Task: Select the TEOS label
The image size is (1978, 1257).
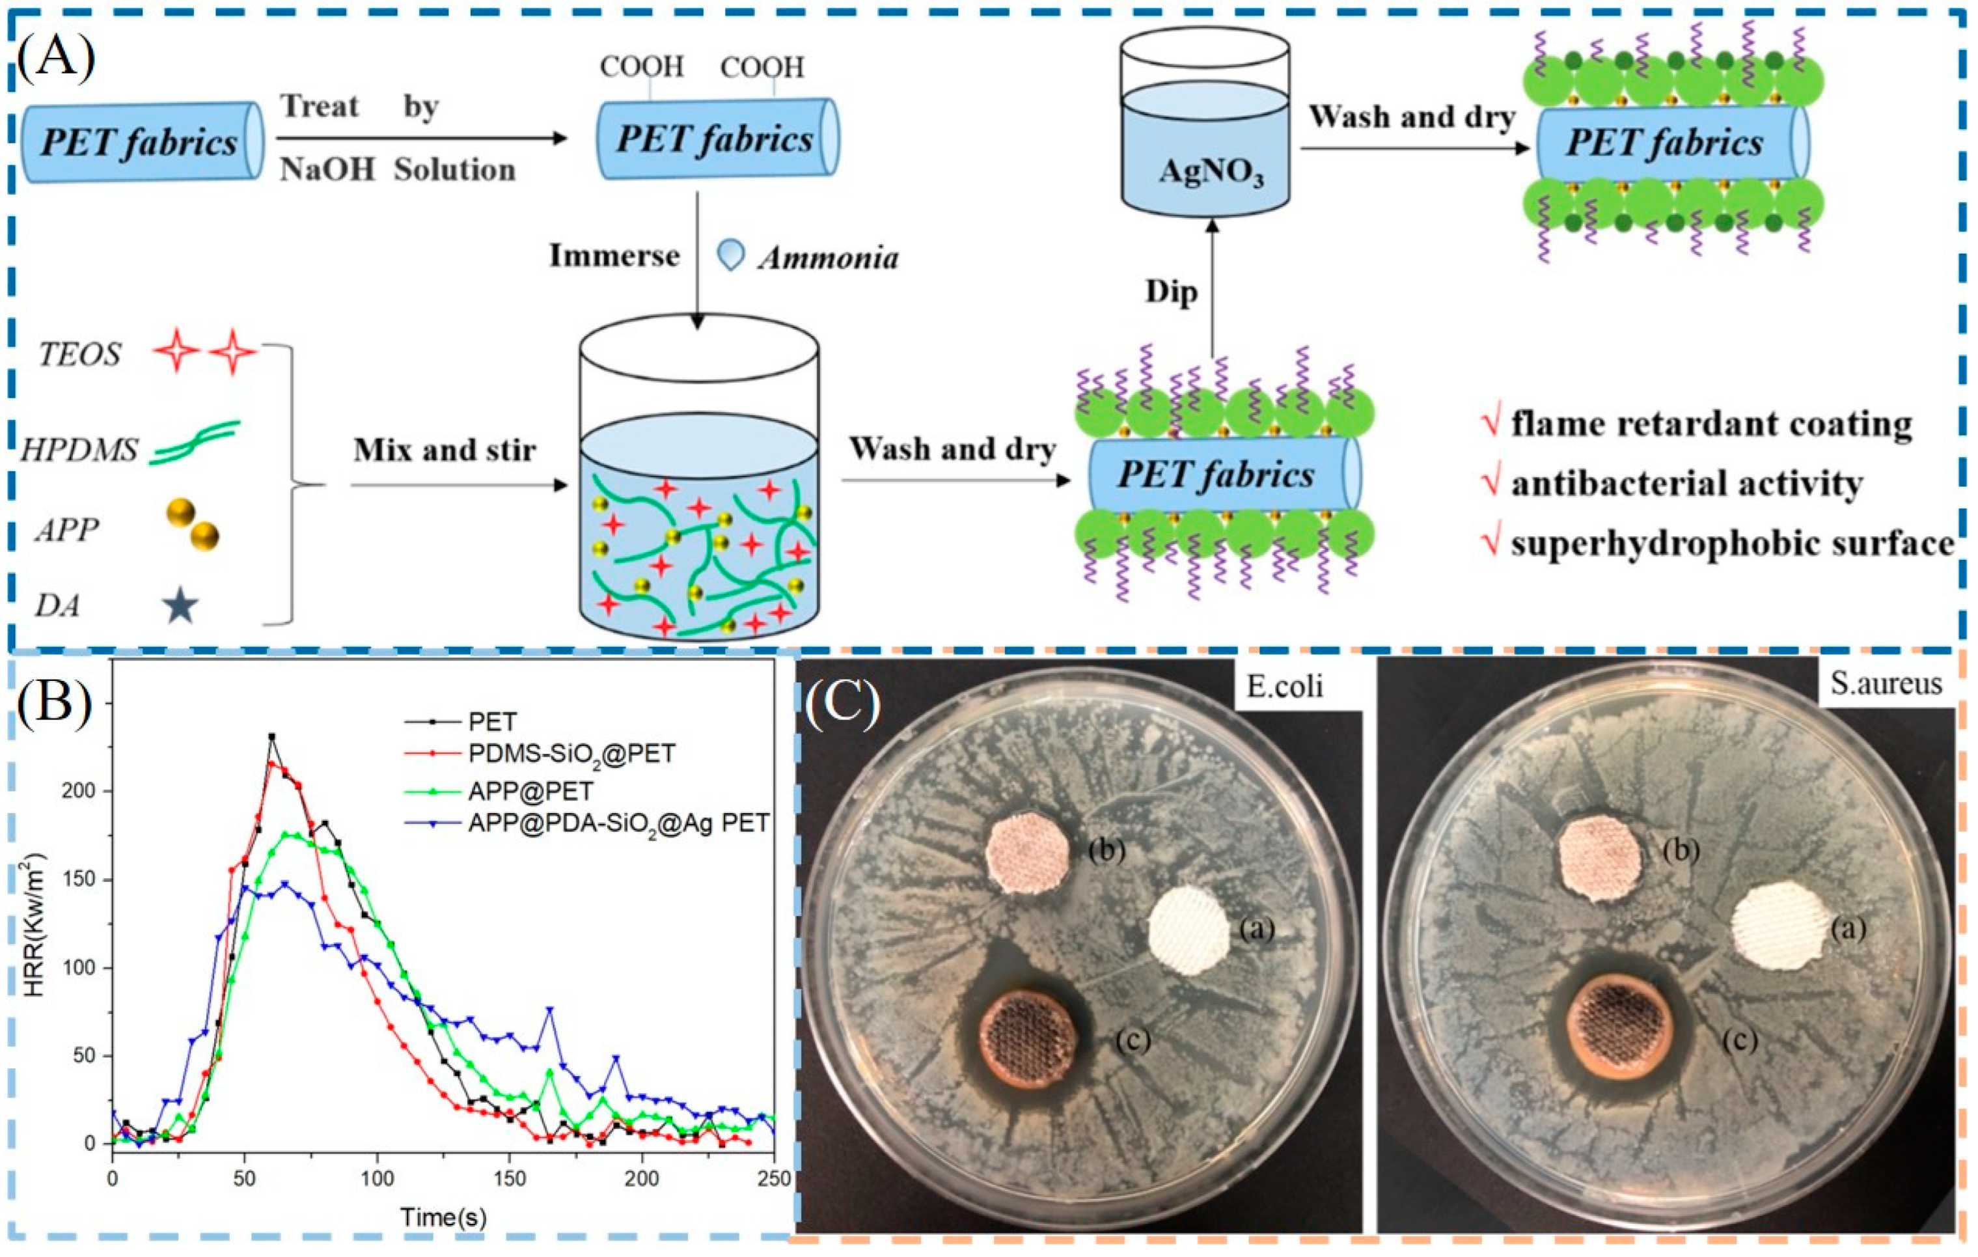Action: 79,355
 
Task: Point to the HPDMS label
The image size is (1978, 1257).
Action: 79,451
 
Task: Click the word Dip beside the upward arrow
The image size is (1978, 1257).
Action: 1172,292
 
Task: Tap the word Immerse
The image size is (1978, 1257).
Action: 614,256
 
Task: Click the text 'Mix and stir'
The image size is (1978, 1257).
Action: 445,450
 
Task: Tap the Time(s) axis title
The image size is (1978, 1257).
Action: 444,1217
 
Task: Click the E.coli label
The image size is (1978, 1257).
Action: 1285,686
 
